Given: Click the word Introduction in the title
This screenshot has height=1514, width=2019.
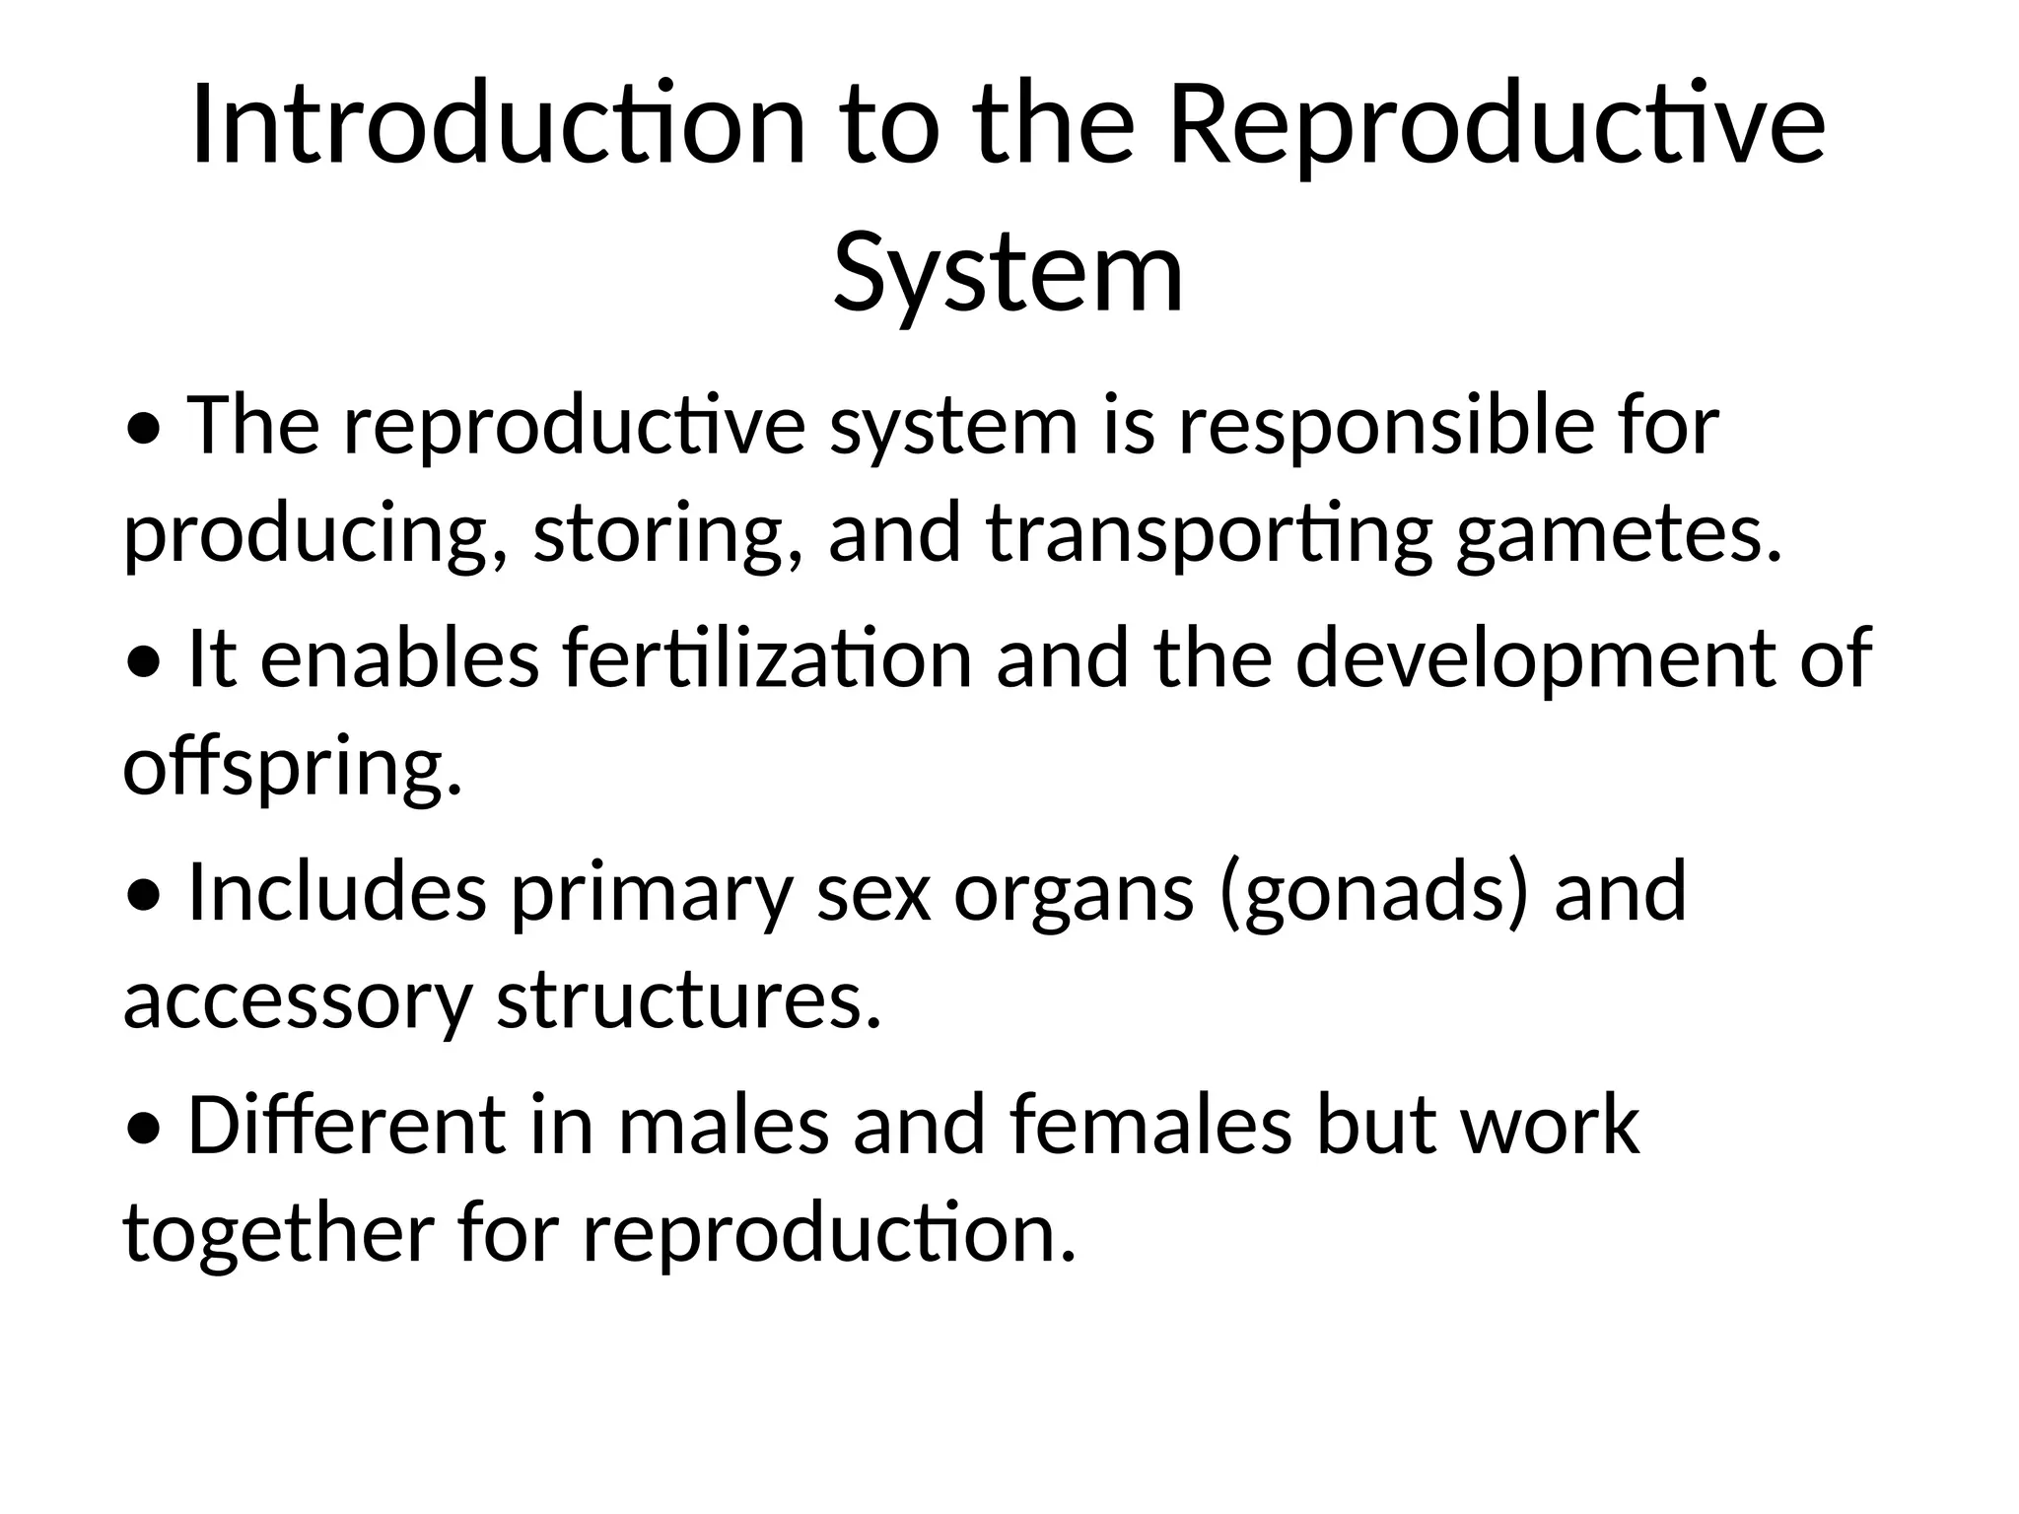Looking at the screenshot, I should point(498,127).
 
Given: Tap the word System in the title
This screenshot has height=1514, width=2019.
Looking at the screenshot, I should point(1008,270).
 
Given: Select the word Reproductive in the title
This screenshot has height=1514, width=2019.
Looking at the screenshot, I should point(1497,127).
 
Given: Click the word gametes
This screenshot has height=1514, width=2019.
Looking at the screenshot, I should point(1620,533).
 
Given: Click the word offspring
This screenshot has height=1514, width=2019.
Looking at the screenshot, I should point(292,767).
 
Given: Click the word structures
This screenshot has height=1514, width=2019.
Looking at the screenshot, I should point(688,999).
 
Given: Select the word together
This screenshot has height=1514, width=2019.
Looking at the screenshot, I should point(279,1232).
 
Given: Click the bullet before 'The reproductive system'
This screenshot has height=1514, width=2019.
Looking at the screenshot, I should point(145,430).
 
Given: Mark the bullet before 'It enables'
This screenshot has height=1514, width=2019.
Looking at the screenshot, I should point(145,663).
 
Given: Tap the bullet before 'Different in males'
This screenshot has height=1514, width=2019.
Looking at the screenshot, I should point(145,1130).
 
